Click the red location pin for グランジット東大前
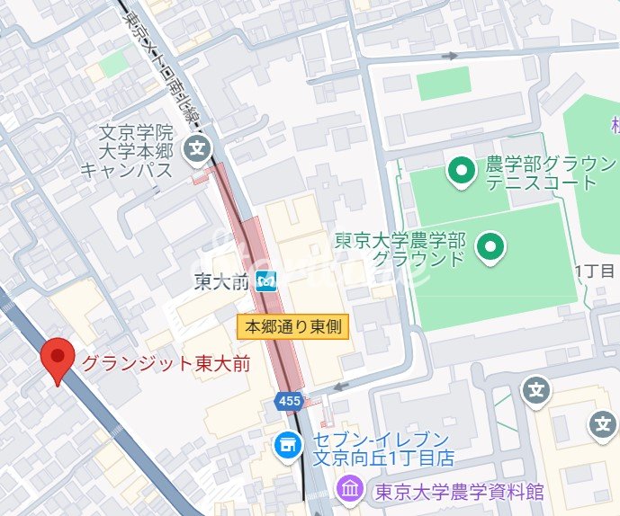[x=58, y=359]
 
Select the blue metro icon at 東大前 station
[x=265, y=282]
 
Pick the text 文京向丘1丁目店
[x=382, y=458]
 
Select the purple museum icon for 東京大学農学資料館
[x=348, y=491]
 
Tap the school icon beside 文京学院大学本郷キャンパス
[x=195, y=147]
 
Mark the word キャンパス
[x=125, y=169]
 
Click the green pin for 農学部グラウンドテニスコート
[x=461, y=168]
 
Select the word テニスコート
[x=541, y=182]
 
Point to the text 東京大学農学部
[x=400, y=241]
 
